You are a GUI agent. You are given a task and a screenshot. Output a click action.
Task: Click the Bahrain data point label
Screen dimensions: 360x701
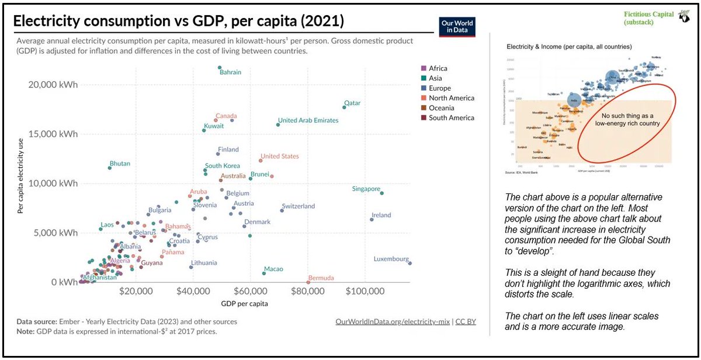[230, 72]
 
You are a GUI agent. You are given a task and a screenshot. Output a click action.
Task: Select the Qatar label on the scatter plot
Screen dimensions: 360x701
[352, 103]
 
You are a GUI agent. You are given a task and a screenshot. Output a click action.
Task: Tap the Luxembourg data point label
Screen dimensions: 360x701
[391, 259]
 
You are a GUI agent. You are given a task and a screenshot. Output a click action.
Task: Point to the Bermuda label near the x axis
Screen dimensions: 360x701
[321, 278]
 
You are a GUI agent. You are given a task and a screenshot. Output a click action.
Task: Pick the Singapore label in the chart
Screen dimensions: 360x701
[366, 189]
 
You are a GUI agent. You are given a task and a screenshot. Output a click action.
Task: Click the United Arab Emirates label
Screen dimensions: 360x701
[308, 120]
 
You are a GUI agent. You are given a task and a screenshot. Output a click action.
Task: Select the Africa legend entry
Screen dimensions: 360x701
[439, 68]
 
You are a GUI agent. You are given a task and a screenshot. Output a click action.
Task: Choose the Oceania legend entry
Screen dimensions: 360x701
[442, 108]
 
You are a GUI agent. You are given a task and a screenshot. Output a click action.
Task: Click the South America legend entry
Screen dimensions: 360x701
[451, 118]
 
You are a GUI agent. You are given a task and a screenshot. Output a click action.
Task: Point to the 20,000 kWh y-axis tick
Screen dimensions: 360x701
[53, 84]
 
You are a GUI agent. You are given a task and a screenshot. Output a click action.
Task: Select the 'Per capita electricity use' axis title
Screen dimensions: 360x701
[20, 175]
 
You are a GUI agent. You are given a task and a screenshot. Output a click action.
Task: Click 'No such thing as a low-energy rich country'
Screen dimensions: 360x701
[622, 120]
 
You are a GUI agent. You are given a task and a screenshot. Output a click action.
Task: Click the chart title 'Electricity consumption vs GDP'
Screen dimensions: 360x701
[179, 22]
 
